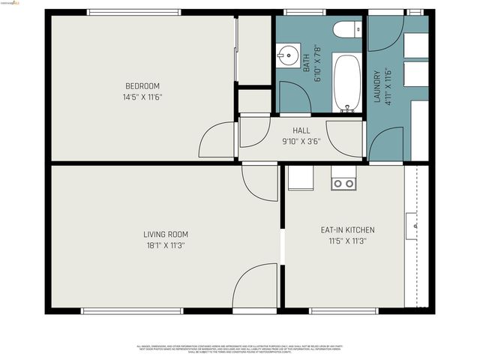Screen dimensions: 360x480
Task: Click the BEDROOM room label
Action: tap(142, 86)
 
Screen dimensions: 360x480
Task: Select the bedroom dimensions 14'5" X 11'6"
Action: tap(142, 97)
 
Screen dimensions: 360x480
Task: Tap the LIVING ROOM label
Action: tap(164, 235)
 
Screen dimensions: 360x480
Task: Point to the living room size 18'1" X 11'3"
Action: tap(164, 245)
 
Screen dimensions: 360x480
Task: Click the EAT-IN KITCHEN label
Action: tap(347, 230)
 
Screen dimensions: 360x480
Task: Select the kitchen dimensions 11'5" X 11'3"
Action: tap(347, 241)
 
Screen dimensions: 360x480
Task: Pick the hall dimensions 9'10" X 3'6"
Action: tap(301, 141)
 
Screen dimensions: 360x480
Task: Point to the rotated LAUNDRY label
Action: tap(377, 86)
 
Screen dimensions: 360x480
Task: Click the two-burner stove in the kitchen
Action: tap(343, 183)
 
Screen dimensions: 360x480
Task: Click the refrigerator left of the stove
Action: tap(301, 178)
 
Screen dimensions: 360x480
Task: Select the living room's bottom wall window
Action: tap(132, 310)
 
